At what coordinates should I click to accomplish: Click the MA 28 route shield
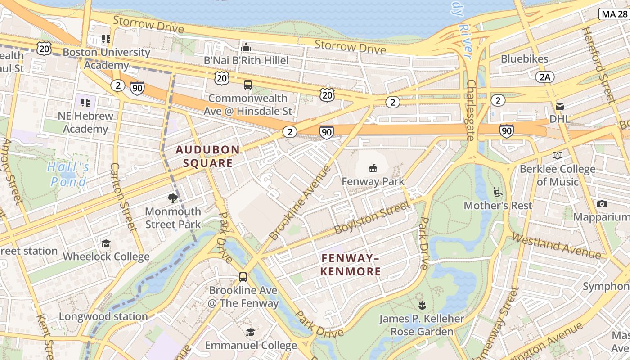coord(614,14)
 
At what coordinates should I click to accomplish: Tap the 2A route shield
coord(544,77)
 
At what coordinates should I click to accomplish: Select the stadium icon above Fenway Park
coord(373,168)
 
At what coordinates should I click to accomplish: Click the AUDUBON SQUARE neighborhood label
coord(207,156)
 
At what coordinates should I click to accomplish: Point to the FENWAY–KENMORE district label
coord(351,265)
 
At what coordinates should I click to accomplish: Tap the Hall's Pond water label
coord(68,175)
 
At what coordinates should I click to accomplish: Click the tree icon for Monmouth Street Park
coord(173,198)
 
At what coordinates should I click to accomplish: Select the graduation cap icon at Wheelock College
coord(106,243)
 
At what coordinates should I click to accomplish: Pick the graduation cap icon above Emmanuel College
coord(250,332)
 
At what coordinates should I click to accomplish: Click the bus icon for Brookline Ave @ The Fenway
coord(243,277)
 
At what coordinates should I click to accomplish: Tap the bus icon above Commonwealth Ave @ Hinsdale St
coord(247,85)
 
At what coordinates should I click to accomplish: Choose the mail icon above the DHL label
coord(560,106)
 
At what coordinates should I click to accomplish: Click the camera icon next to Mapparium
coord(602,204)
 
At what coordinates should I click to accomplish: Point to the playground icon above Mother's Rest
coord(498,192)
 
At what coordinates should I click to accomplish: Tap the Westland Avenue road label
coord(556,246)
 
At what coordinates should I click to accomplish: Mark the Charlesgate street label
coord(471,110)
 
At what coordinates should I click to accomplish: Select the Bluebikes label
coord(524,59)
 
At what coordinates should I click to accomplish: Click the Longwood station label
coord(103,316)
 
